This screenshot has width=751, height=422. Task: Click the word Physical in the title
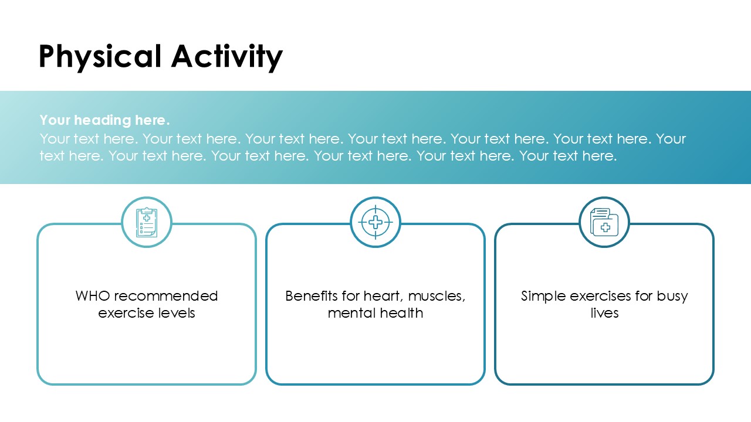tap(100, 57)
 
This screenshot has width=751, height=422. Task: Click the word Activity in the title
tap(227, 57)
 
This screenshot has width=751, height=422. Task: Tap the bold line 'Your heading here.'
tap(104, 120)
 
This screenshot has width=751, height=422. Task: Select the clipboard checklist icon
tap(147, 222)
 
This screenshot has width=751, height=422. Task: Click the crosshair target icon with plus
tap(375, 222)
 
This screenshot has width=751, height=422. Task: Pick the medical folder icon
tap(604, 222)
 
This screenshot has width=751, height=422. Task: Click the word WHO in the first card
tap(93, 296)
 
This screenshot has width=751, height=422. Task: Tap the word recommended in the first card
tap(166, 296)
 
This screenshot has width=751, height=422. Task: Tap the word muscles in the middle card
tap(437, 297)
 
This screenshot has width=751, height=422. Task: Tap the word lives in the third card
tap(604, 313)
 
